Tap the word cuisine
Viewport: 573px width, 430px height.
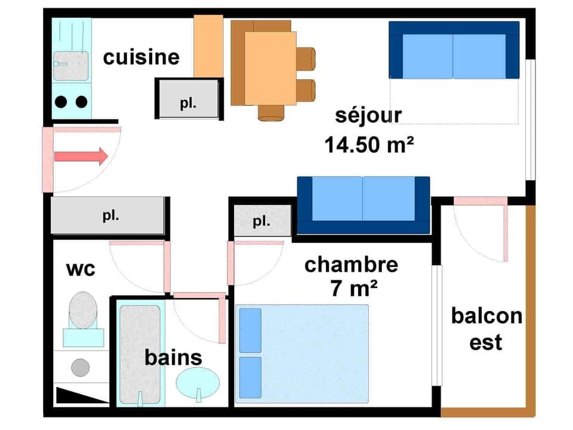pyautogui.click(x=141, y=57)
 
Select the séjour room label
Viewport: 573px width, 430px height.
pyautogui.click(x=368, y=115)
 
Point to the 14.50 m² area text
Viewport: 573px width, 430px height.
pyautogui.click(x=369, y=145)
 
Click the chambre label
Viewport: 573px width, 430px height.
pyautogui.click(x=351, y=265)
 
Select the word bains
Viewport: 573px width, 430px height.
pyautogui.click(x=173, y=358)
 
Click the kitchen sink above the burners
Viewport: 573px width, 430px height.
pyautogui.click(x=71, y=65)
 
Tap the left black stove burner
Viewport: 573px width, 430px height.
pyautogui.click(x=61, y=102)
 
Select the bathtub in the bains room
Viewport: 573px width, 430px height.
pyautogui.click(x=140, y=355)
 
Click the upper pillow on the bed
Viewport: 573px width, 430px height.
pyautogui.click(x=250, y=330)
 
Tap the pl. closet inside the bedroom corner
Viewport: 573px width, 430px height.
pyautogui.click(x=261, y=222)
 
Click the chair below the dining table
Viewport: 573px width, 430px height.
pyautogui.click(x=272, y=112)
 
